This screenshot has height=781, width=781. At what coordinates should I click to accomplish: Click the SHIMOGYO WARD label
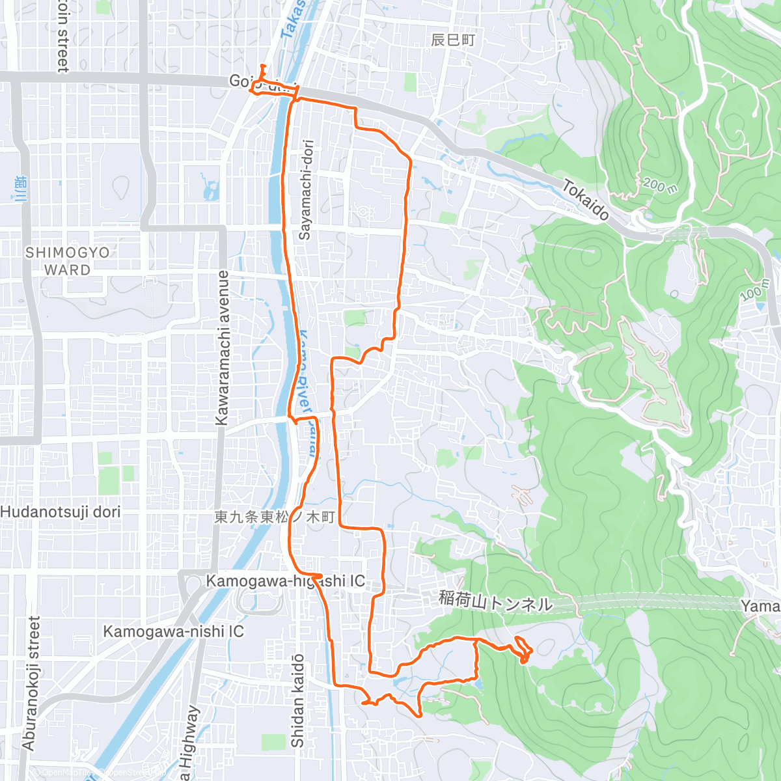67,261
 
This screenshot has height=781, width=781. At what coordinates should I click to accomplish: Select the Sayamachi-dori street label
305,190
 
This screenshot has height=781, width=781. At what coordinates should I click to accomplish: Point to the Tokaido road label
586,199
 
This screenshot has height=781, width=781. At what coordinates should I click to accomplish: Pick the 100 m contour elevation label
755,290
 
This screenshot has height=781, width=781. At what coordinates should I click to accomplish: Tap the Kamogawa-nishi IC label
173,631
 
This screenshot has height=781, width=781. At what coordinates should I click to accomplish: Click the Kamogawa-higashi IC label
285,581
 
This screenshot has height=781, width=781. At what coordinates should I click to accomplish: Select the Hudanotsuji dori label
61,512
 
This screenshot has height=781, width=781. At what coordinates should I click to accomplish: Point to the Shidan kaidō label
297,700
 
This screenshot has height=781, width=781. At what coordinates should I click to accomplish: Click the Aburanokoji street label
31,683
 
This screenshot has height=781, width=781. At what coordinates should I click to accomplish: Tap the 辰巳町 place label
453,40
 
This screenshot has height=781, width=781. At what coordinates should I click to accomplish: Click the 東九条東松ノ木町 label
275,517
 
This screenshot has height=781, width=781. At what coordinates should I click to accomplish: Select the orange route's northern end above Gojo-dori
262,66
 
